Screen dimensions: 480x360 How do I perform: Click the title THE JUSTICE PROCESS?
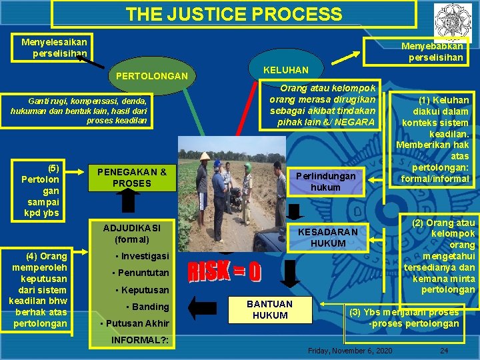[x=233, y=14]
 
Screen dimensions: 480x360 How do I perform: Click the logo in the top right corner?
[x=451, y=19]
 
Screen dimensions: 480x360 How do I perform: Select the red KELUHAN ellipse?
[x=285, y=70]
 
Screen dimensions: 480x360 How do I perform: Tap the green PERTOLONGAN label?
[x=151, y=76]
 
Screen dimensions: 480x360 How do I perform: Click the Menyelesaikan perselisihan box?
[x=54, y=47]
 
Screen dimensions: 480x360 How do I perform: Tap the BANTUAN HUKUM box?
[x=269, y=309]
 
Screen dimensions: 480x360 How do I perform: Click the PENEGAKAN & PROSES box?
[x=132, y=177]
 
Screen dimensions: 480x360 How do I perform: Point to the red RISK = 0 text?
[x=225, y=271]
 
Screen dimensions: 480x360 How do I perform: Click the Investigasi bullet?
[x=142, y=256]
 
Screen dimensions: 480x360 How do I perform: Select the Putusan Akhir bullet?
[x=134, y=324]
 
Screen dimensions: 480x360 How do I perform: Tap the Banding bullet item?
[x=147, y=307]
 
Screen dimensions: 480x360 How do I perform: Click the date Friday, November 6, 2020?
[x=350, y=351]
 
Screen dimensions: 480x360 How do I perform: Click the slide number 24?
[x=443, y=351]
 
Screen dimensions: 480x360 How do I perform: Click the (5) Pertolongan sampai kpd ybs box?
[x=40, y=191]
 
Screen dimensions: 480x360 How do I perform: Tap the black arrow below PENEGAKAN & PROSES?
[x=129, y=202]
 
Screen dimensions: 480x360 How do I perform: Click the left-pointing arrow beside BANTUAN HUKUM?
[x=201, y=307]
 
